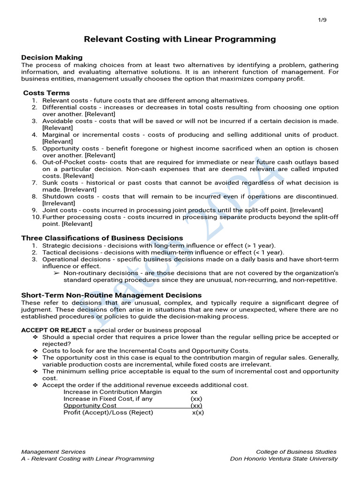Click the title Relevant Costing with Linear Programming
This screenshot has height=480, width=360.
coord(180,39)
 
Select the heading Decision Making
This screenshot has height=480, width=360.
coord(52,57)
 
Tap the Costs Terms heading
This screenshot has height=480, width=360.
coord(46,93)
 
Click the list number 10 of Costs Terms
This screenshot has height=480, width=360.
coord(36,217)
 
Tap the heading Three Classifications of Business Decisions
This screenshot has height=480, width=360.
coord(102,238)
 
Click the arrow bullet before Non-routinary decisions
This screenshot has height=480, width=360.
coord(57,273)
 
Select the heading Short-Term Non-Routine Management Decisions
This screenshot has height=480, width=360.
coord(111,295)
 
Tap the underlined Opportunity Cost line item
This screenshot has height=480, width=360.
coord(90,405)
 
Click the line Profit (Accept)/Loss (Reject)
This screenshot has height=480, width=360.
coord(108,412)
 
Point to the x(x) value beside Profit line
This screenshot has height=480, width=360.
coord(198,412)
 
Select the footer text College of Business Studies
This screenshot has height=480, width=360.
coord(296,451)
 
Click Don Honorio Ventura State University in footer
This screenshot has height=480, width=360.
coord(284,458)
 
